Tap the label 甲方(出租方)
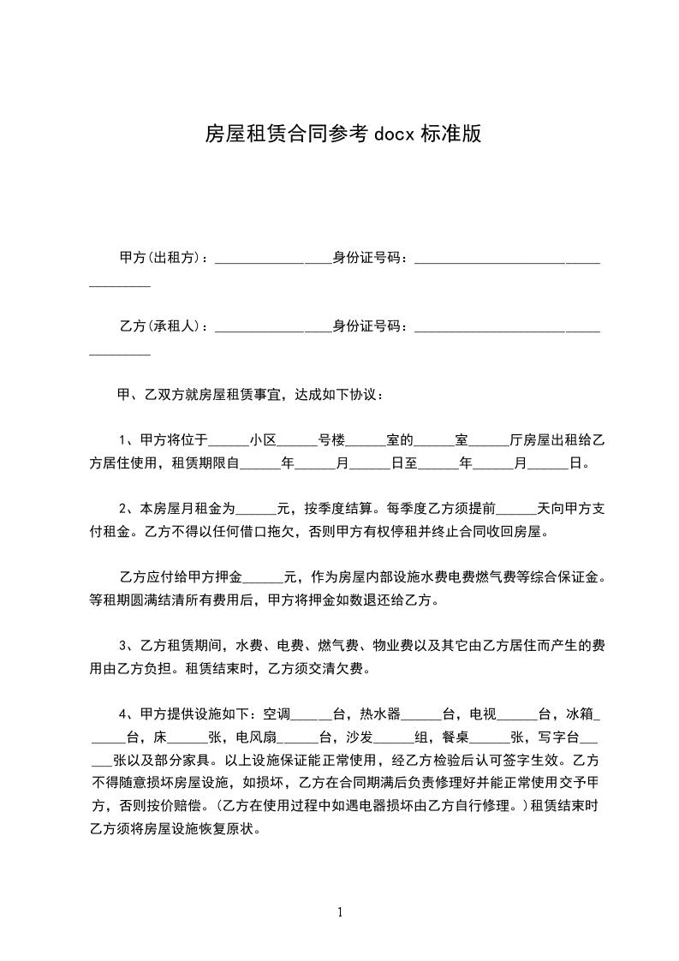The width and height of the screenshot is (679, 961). pos(160,257)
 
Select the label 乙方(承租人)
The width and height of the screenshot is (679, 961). pos(160,326)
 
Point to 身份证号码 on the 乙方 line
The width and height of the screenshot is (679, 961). pos(366,326)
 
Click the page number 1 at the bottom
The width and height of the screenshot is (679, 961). pos(340,911)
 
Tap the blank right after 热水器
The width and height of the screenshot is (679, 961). pos(421,716)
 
